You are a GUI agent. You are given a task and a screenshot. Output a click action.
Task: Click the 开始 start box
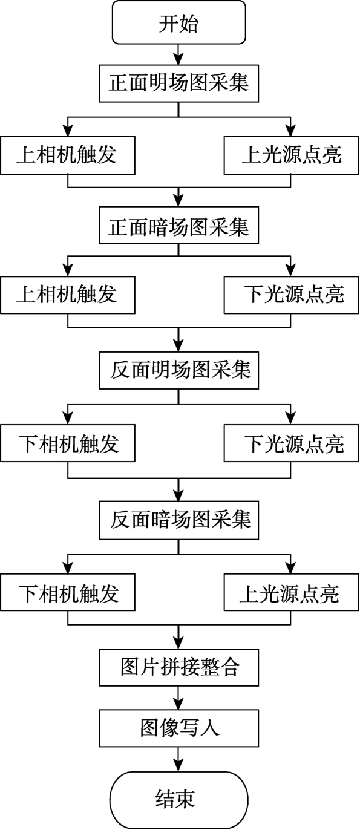tap(178, 22)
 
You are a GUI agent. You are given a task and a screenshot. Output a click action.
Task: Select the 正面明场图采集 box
tap(178, 83)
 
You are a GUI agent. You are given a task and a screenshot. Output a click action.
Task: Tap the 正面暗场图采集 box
tap(178, 225)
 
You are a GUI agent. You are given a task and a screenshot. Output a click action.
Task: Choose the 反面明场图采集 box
tap(178, 370)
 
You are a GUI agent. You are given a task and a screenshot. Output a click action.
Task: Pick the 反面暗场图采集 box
tap(178, 520)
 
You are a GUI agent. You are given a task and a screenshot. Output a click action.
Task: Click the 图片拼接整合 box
tap(178, 667)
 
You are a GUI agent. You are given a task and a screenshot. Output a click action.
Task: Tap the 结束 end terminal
tap(178, 799)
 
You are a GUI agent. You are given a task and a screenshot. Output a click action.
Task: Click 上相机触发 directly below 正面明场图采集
tap(68, 155)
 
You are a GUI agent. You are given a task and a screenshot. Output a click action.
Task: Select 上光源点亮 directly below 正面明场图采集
tap(292, 155)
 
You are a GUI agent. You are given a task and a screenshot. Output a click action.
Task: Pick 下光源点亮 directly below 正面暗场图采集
tap(292, 295)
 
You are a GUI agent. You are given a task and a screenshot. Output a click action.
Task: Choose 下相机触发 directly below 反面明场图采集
tap(68, 443)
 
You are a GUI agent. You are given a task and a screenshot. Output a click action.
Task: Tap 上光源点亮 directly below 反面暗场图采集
tap(292, 592)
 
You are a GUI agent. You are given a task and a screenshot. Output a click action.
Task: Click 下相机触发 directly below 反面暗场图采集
tap(68, 592)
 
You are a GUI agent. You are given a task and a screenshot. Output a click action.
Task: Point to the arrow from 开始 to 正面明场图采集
tap(178, 55)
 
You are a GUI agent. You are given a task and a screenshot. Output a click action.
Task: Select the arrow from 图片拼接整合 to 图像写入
tap(178, 698)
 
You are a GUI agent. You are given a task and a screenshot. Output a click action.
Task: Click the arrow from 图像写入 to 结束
tap(178, 759)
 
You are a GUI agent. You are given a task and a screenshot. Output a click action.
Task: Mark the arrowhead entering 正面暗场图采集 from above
tap(178, 201)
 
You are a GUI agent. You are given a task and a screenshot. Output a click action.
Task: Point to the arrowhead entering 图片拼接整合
tap(178, 643)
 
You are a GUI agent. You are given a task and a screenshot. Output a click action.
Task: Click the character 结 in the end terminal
tap(165, 799)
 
